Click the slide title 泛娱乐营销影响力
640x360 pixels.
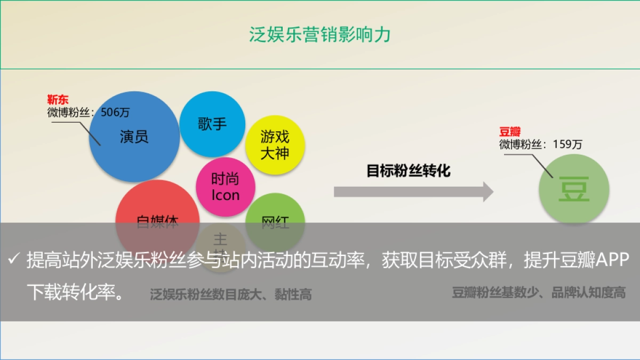pyautogui.click(x=319, y=35)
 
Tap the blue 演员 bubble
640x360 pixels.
pyautogui.click(x=134, y=137)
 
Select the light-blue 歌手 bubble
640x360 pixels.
pyautogui.click(x=212, y=124)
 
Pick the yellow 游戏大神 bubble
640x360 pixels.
pyautogui.click(x=275, y=145)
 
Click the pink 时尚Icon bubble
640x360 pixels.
pyautogui.click(x=226, y=187)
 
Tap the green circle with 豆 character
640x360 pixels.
pyautogui.click(x=573, y=189)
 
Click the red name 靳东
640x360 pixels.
pyautogui.click(x=58, y=100)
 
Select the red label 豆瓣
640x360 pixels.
pyautogui.click(x=509, y=132)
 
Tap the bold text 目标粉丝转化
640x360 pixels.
pyautogui.click(x=409, y=171)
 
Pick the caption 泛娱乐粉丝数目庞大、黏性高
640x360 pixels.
pyautogui.click(x=230, y=294)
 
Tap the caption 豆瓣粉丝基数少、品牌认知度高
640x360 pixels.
pyautogui.click(x=539, y=292)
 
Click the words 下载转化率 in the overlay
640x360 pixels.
pyautogui.click(x=69, y=292)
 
